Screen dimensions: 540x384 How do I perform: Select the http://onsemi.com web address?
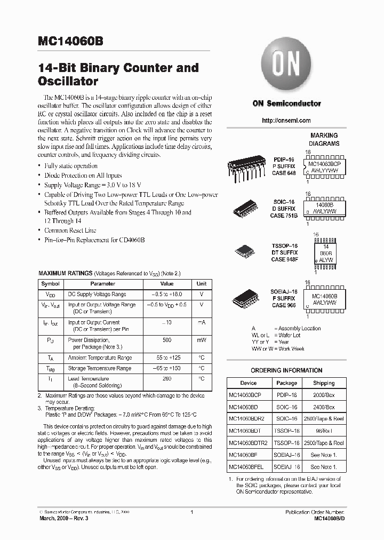(286, 121)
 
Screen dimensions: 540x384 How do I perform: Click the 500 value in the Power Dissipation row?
(167, 340)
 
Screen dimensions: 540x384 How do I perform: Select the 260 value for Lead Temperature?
(167, 378)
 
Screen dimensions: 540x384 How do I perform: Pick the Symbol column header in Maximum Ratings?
(51, 284)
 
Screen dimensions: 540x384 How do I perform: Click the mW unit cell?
(202, 340)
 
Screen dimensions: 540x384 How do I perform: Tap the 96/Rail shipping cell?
(324, 431)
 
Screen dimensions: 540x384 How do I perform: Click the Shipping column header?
(324, 383)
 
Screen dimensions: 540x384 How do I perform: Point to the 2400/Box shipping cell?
(324, 407)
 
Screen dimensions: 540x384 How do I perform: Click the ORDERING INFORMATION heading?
(286, 370)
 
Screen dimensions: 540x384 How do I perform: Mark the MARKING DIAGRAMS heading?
(324, 140)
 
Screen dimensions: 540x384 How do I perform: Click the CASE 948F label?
(284, 259)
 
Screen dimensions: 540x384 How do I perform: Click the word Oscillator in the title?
(68, 82)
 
